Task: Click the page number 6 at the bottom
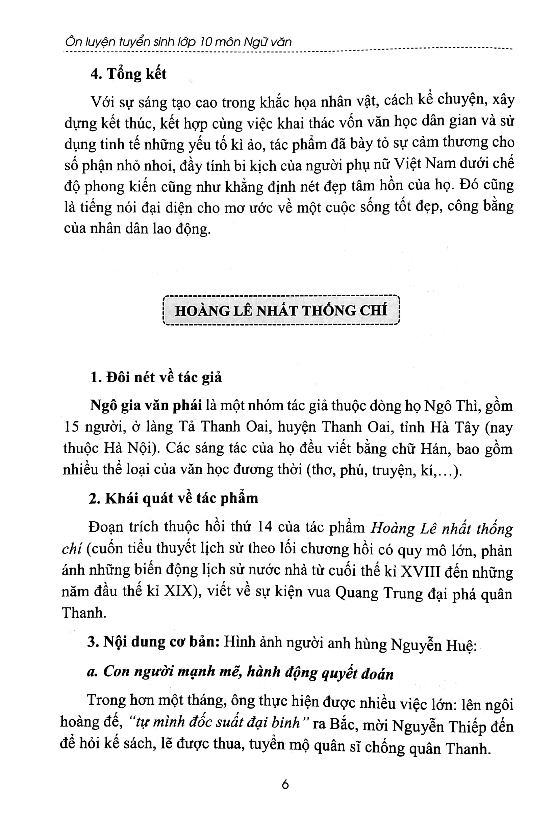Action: point(285,785)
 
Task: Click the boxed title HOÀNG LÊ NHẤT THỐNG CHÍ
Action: point(281,310)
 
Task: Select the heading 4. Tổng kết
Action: point(128,74)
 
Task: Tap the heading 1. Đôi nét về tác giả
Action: point(156,377)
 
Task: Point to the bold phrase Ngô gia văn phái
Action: point(146,406)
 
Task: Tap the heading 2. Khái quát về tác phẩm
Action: point(174,498)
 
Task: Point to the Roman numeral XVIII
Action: point(421,571)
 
